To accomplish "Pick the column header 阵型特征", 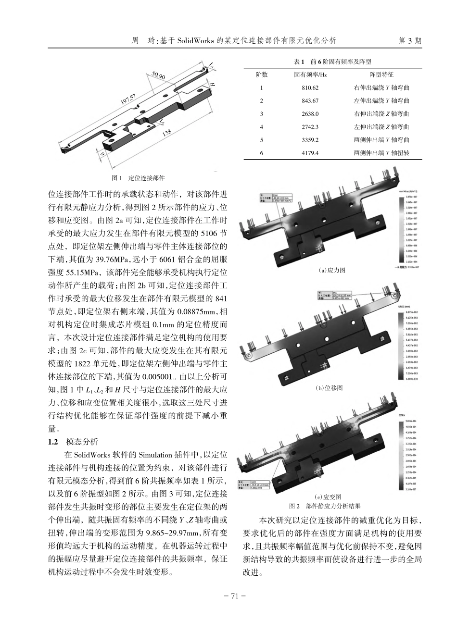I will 381,75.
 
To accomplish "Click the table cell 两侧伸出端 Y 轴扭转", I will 381,153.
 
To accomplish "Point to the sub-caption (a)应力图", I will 331,270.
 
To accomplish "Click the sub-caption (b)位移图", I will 331,387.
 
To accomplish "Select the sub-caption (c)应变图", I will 331,496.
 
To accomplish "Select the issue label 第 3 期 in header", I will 410,41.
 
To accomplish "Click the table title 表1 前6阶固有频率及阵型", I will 332,62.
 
